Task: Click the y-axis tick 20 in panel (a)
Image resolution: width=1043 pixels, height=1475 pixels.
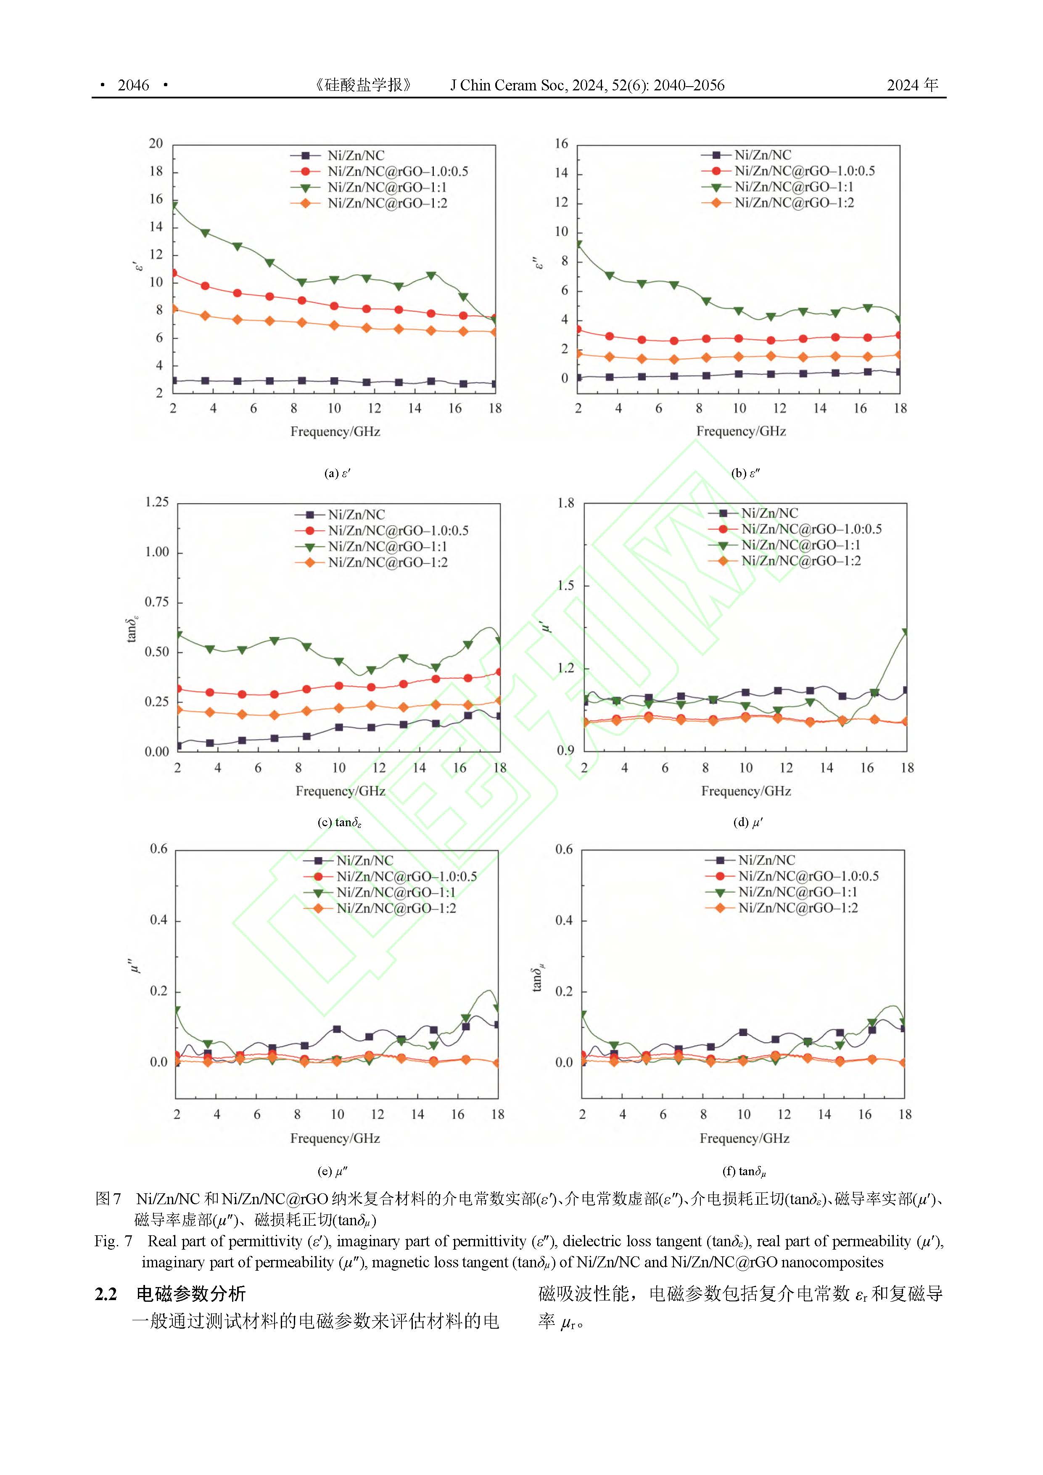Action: pyautogui.click(x=156, y=143)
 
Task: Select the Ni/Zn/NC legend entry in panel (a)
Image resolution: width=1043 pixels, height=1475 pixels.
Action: pyautogui.click(x=356, y=156)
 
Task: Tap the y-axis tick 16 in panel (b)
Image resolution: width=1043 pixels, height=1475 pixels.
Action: pyautogui.click(x=562, y=143)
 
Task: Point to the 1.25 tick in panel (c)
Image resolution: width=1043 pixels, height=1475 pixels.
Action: pyautogui.click(x=157, y=502)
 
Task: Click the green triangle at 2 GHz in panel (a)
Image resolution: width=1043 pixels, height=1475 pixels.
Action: pyautogui.click(x=173, y=206)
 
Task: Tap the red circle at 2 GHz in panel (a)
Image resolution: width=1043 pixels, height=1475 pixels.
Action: pyautogui.click(x=173, y=273)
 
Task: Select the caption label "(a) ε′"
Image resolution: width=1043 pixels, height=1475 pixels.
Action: pyautogui.click(x=337, y=473)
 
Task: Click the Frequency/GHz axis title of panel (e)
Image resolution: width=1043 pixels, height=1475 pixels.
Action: pyautogui.click(x=335, y=1138)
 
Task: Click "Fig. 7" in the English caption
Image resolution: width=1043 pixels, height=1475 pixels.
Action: pyautogui.click(x=113, y=1241)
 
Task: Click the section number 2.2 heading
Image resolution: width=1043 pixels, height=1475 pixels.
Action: pyautogui.click(x=106, y=1293)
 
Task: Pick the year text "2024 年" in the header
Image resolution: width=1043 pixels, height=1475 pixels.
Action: pyautogui.click(x=912, y=85)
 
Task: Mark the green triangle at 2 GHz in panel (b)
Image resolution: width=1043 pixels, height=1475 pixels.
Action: pyautogui.click(x=578, y=245)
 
